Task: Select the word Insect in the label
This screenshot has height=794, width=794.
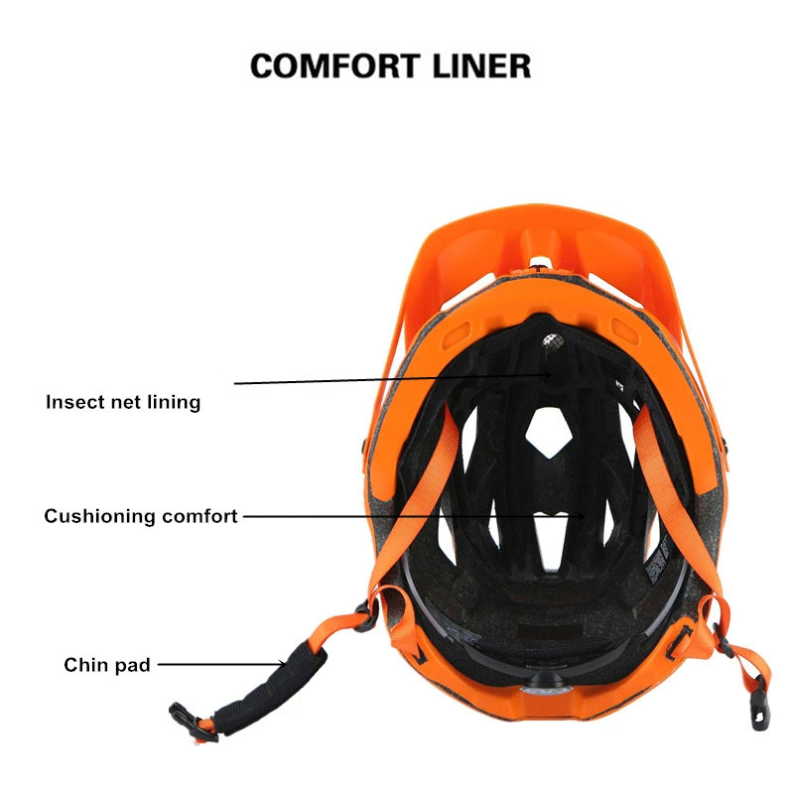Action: click(74, 403)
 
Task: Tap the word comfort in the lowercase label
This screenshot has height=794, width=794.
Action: click(199, 516)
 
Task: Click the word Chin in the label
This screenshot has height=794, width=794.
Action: click(85, 665)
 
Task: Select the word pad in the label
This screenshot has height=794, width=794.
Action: click(133, 665)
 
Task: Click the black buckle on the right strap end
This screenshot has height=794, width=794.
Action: click(753, 691)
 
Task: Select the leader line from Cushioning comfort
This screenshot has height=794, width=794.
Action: click(412, 516)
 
